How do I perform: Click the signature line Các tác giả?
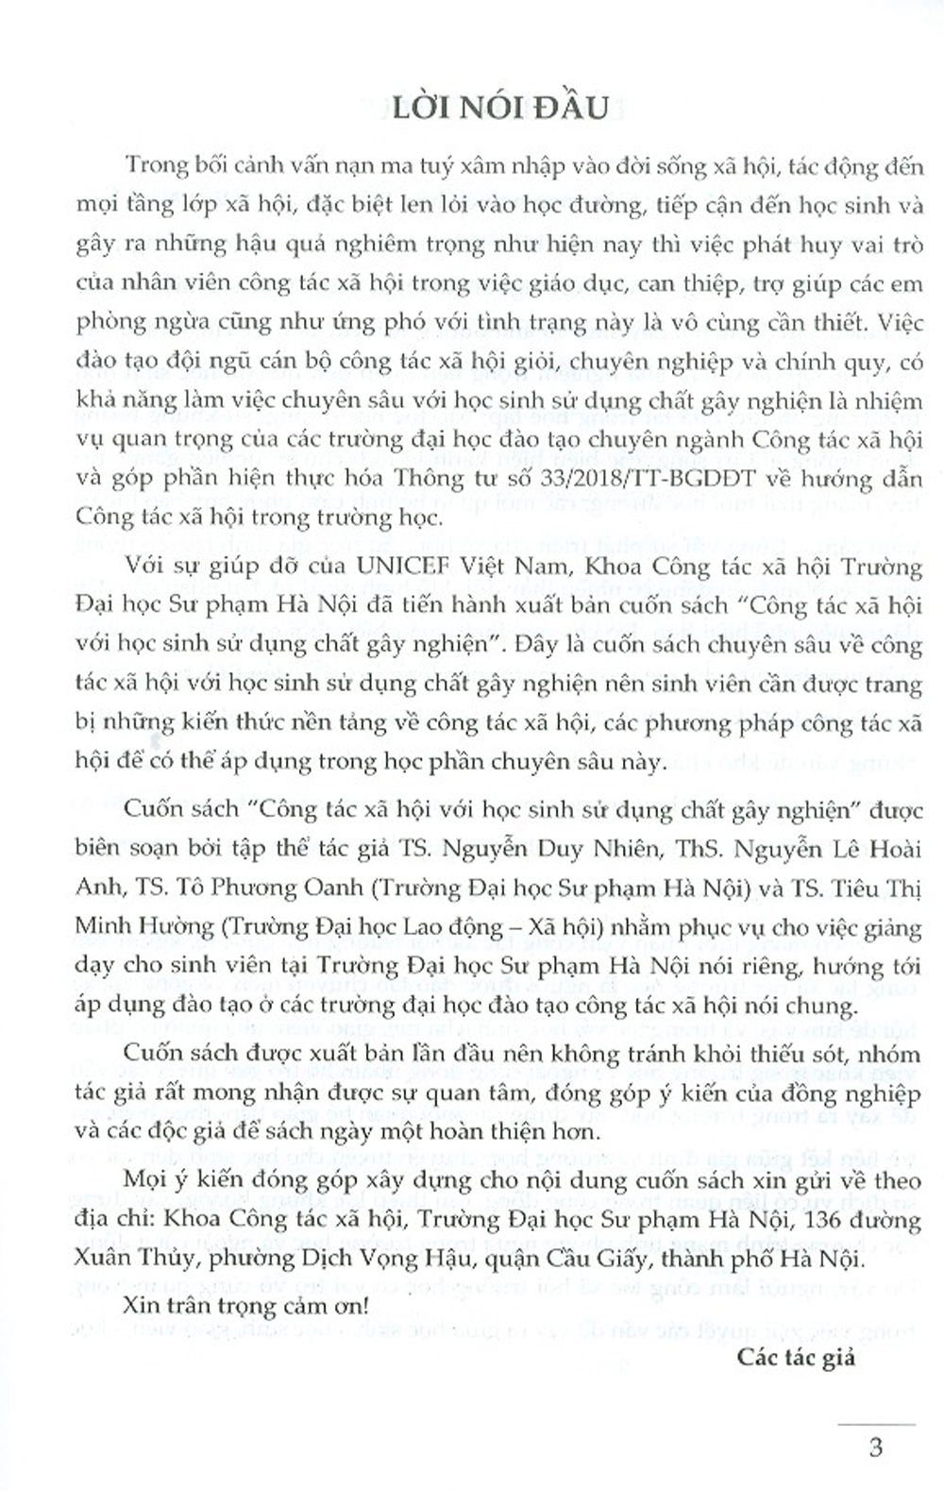pos(797,1358)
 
